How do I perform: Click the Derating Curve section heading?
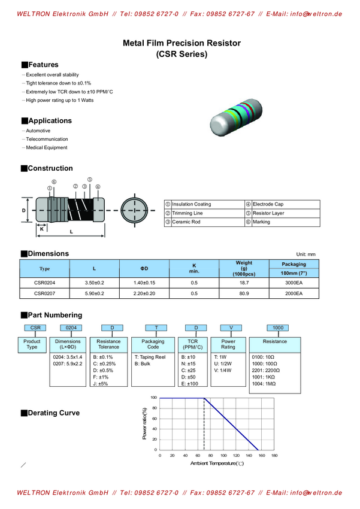click(x=53, y=413)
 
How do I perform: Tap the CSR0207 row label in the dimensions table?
click(x=44, y=293)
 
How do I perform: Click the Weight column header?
click(x=244, y=268)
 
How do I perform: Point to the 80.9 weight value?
click(x=244, y=293)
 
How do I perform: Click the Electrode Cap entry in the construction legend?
click(x=267, y=204)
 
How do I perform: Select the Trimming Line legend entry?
click(x=187, y=213)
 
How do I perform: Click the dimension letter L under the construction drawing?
click(x=71, y=231)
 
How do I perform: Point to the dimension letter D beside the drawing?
click(x=24, y=210)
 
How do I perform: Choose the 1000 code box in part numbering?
click(x=278, y=328)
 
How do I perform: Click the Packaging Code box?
click(x=153, y=344)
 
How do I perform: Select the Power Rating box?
click(x=228, y=344)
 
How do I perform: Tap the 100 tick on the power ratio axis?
click(x=153, y=398)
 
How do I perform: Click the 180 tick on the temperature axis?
click(x=274, y=456)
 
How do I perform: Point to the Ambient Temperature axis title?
click(x=217, y=463)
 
